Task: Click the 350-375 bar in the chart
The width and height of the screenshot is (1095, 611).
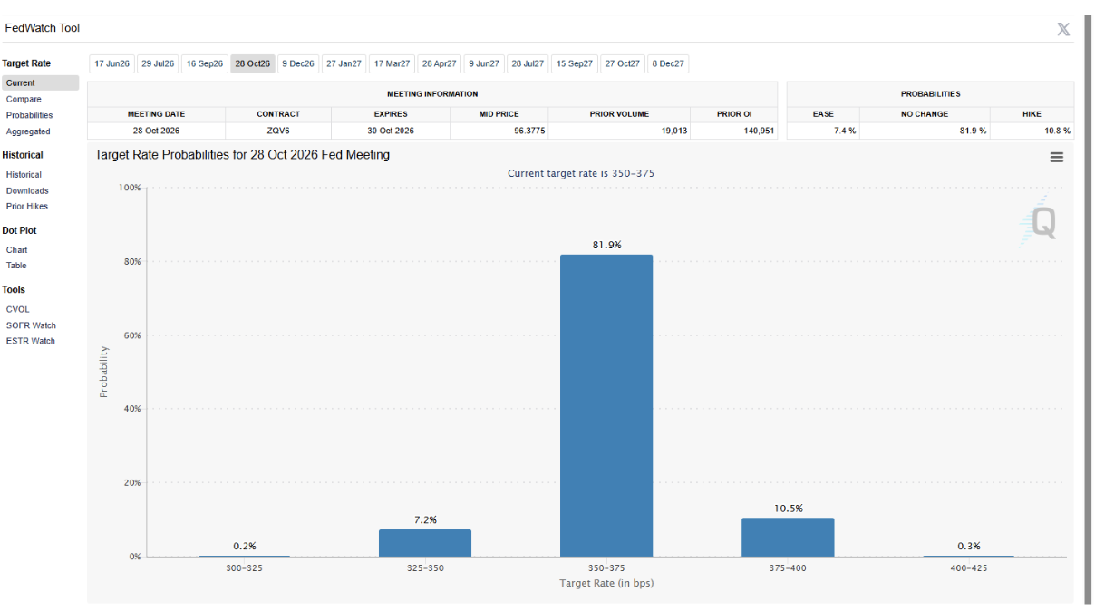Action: point(606,405)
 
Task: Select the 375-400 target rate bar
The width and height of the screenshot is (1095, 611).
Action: point(788,538)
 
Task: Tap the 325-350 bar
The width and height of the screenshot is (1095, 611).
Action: point(425,543)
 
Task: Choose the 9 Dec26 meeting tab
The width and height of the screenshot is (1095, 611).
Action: point(297,63)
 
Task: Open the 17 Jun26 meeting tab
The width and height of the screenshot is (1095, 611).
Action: point(111,63)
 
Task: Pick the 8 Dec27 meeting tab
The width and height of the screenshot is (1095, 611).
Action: point(668,63)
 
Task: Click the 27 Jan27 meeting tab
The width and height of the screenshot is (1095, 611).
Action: point(344,63)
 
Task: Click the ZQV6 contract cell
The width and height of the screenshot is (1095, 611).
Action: point(278,131)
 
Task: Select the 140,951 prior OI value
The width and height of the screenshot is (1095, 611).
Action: point(759,131)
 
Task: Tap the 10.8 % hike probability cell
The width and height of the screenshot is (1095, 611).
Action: point(1057,131)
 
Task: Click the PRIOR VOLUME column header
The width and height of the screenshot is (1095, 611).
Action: point(619,114)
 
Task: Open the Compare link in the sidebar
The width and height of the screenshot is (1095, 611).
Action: point(24,99)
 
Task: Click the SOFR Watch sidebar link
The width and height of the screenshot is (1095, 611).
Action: point(31,325)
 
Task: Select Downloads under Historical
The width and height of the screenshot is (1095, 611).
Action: point(27,190)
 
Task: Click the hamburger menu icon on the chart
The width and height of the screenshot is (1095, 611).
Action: point(1057,157)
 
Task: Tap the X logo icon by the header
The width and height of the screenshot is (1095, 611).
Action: point(1063,29)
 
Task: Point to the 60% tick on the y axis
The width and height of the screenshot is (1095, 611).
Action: point(132,335)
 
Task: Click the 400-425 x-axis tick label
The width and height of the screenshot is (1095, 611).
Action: point(968,568)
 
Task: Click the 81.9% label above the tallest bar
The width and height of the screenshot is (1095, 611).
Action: point(606,245)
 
